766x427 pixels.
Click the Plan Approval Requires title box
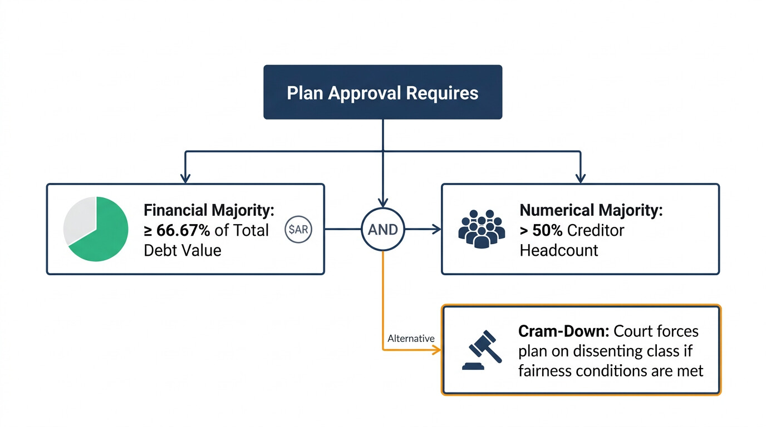(382, 92)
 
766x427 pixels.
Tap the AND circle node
(382, 229)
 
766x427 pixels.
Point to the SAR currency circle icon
(298, 230)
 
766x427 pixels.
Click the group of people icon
(481, 229)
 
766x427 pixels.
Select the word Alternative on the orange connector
(411, 338)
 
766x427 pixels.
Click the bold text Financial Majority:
(209, 211)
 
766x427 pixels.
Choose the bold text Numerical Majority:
(591, 211)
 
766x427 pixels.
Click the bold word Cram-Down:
(563, 331)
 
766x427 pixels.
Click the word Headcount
(559, 250)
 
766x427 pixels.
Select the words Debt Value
(183, 250)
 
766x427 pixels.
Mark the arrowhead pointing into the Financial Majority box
(185, 178)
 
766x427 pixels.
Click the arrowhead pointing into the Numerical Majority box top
(580, 178)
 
